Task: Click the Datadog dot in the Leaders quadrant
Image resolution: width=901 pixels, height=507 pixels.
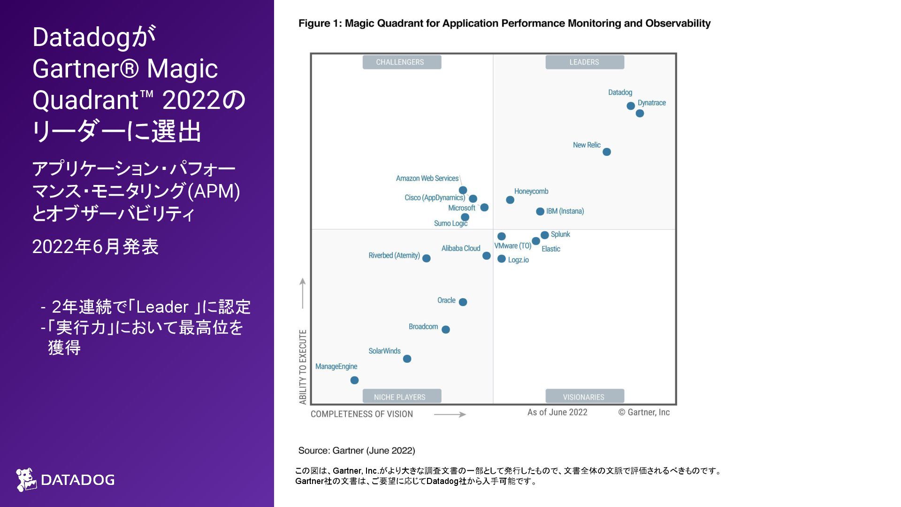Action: coord(631,106)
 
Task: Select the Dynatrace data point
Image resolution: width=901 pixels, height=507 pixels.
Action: coord(640,114)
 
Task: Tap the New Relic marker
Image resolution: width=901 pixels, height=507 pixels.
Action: coord(607,152)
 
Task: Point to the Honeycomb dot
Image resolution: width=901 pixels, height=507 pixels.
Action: coord(510,200)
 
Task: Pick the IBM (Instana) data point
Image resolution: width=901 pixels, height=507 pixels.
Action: coord(540,212)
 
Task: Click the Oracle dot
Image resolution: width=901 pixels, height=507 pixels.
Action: coord(463,302)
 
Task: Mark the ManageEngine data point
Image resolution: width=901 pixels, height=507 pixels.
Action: coord(354,380)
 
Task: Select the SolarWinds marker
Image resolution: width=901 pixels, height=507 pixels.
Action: coord(407,359)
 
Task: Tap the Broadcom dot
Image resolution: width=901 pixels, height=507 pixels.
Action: coord(446,330)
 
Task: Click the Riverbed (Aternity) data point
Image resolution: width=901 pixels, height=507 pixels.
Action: coord(426,258)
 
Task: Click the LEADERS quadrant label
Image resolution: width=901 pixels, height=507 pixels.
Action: coord(584,62)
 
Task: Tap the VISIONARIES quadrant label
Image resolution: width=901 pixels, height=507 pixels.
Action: coord(584,397)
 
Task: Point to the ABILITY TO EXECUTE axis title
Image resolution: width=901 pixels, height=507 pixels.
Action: coord(303,367)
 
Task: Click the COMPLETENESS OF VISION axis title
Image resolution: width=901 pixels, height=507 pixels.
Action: coord(362,414)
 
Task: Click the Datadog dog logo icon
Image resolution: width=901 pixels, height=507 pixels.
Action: coord(26,479)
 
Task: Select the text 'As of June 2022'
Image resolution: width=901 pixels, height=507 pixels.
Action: coord(557,412)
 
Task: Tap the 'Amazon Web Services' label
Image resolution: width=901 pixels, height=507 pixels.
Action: coord(427,178)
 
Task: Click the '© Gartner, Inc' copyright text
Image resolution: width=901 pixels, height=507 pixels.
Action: coord(644,412)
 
